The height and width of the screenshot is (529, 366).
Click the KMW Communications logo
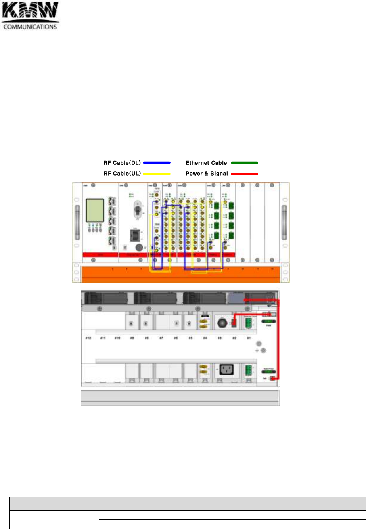click(x=31, y=16)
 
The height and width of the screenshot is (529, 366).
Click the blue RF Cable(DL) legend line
click(x=157, y=162)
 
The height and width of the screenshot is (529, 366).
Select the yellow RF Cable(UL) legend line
click(x=157, y=174)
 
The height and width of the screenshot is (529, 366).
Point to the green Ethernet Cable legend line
click(x=244, y=162)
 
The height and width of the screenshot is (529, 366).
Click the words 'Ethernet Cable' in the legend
click(x=206, y=163)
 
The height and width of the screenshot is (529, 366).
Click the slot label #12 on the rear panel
click(x=88, y=338)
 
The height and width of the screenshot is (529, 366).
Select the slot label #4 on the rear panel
click(x=205, y=338)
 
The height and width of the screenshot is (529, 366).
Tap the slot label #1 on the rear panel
click(x=249, y=338)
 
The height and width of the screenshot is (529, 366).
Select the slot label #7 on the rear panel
click(x=161, y=338)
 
